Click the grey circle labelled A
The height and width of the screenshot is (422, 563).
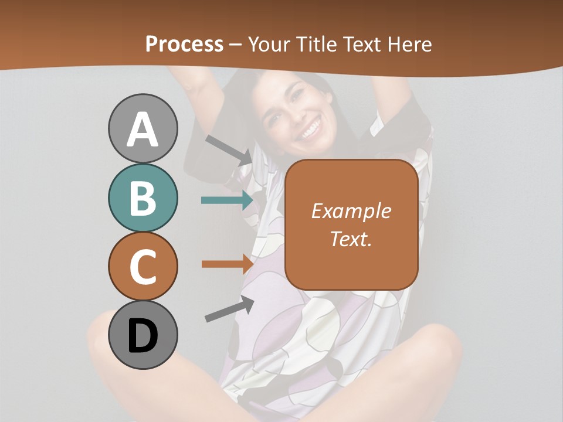coord(143,128)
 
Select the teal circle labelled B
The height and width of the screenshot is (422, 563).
coord(143,198)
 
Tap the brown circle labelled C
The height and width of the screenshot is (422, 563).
coord(143,266)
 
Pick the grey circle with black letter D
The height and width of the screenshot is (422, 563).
coord(143,335)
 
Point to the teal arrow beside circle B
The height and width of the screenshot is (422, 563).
coord(227,200)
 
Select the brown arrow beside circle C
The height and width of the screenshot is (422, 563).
coord(227,264)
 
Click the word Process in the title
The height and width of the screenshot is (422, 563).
coord(184,44)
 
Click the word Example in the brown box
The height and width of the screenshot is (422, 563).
coord(351,211)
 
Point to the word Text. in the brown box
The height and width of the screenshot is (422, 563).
coord(351,239)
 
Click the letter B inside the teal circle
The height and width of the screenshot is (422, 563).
coord(143,198)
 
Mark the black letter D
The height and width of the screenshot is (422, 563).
coord(143,336)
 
